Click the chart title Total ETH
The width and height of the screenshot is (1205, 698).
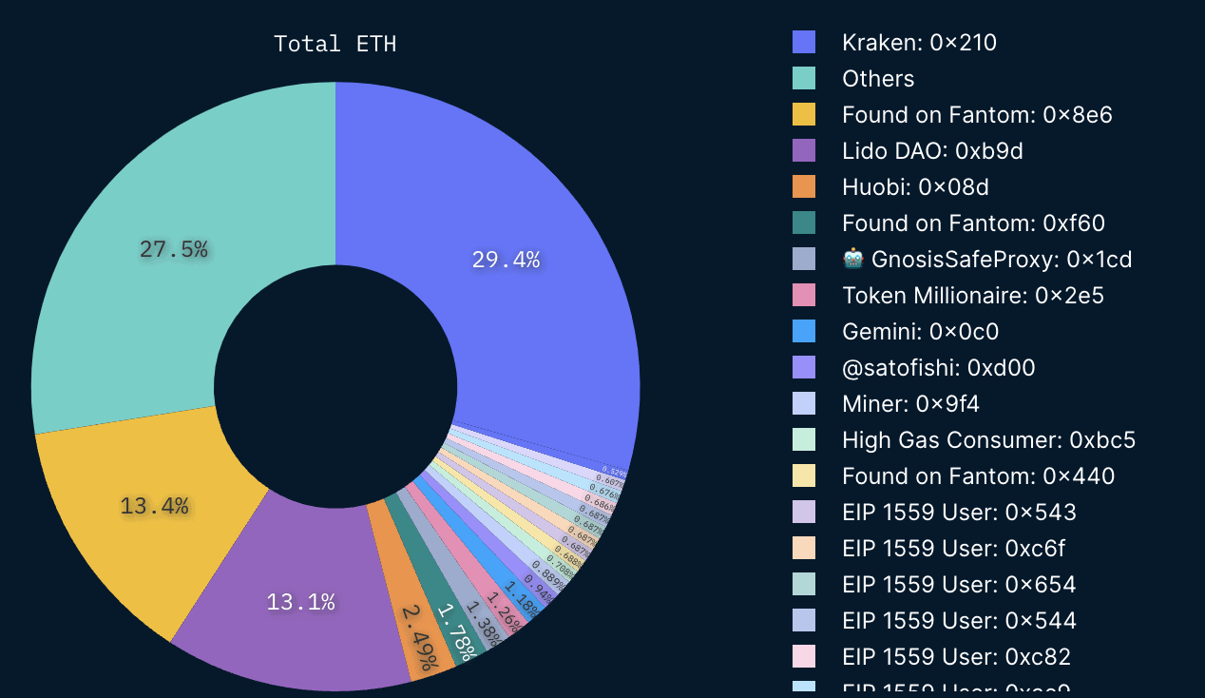(x=335, y=44)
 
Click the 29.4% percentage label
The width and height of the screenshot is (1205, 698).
(x=506, y=260)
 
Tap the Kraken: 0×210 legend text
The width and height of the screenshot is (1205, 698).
(x=919, y=43)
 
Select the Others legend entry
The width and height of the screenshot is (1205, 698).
(x=878, y=79)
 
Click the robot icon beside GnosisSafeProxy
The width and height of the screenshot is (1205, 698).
(x=852, y=259)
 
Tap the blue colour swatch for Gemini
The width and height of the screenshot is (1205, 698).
(x=804, y=332)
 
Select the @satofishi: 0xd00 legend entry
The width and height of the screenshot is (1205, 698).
(x=938, y=368)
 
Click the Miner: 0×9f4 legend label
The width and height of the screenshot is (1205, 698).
(x=910, y=404)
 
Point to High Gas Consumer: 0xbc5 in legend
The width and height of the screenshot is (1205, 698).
(x=988, y=440)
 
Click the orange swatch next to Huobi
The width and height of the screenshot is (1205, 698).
(x=804, y=187)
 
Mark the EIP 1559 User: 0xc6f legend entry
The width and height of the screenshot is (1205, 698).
(x=959, y=549)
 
